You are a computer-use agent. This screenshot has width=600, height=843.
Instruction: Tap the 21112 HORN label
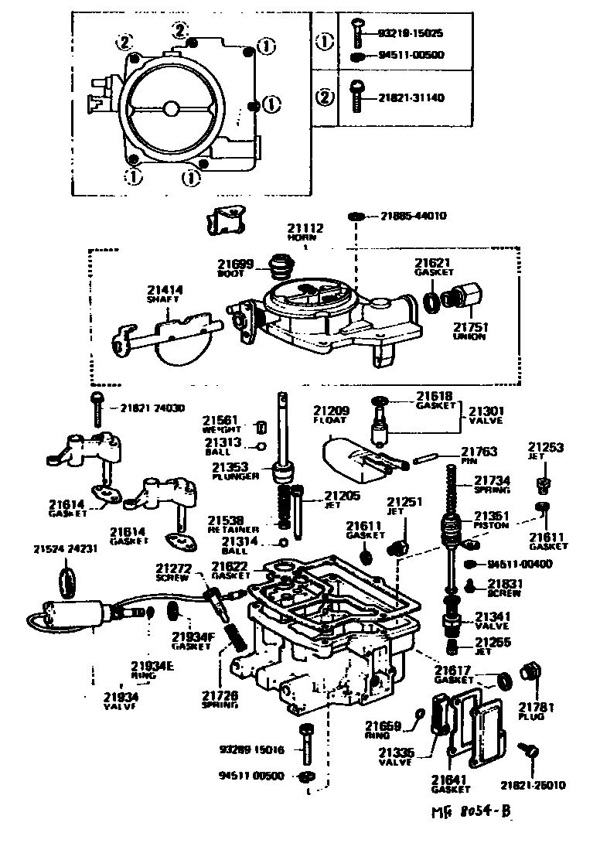305,232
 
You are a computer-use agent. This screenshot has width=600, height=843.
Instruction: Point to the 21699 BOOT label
235,268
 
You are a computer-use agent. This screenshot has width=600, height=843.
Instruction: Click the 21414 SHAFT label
165,295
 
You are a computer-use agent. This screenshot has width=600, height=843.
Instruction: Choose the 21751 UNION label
469,331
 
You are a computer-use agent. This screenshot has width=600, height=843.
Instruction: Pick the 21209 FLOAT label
332,415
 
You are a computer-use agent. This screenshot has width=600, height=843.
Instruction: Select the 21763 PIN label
479,456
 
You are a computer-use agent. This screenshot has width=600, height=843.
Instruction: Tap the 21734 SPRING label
492,484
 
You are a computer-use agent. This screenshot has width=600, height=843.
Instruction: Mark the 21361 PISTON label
492,520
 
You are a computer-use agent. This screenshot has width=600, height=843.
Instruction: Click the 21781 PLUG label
532,711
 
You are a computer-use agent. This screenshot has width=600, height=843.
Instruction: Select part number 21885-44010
414,216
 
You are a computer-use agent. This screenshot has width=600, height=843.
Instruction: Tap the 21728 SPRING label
220,699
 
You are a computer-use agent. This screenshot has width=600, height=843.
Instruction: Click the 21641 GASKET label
452,784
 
